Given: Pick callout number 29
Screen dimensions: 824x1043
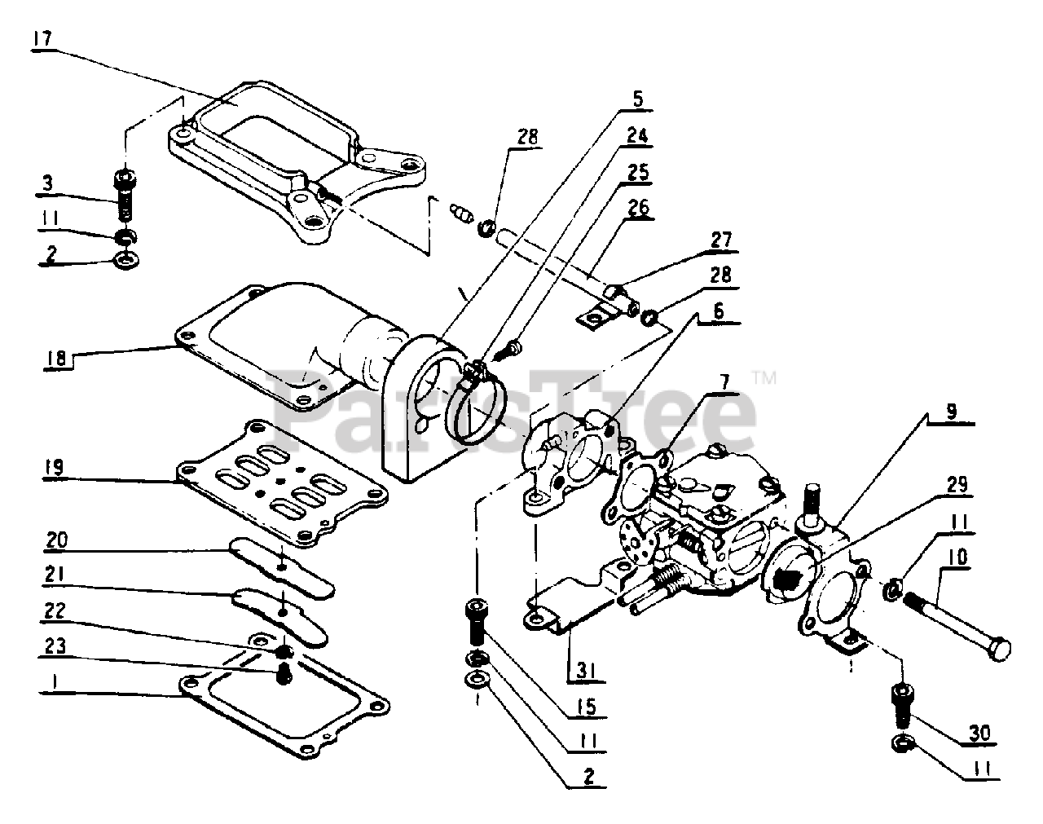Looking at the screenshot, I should pos(957,486).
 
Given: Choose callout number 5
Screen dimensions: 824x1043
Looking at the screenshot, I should pos(637,99).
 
